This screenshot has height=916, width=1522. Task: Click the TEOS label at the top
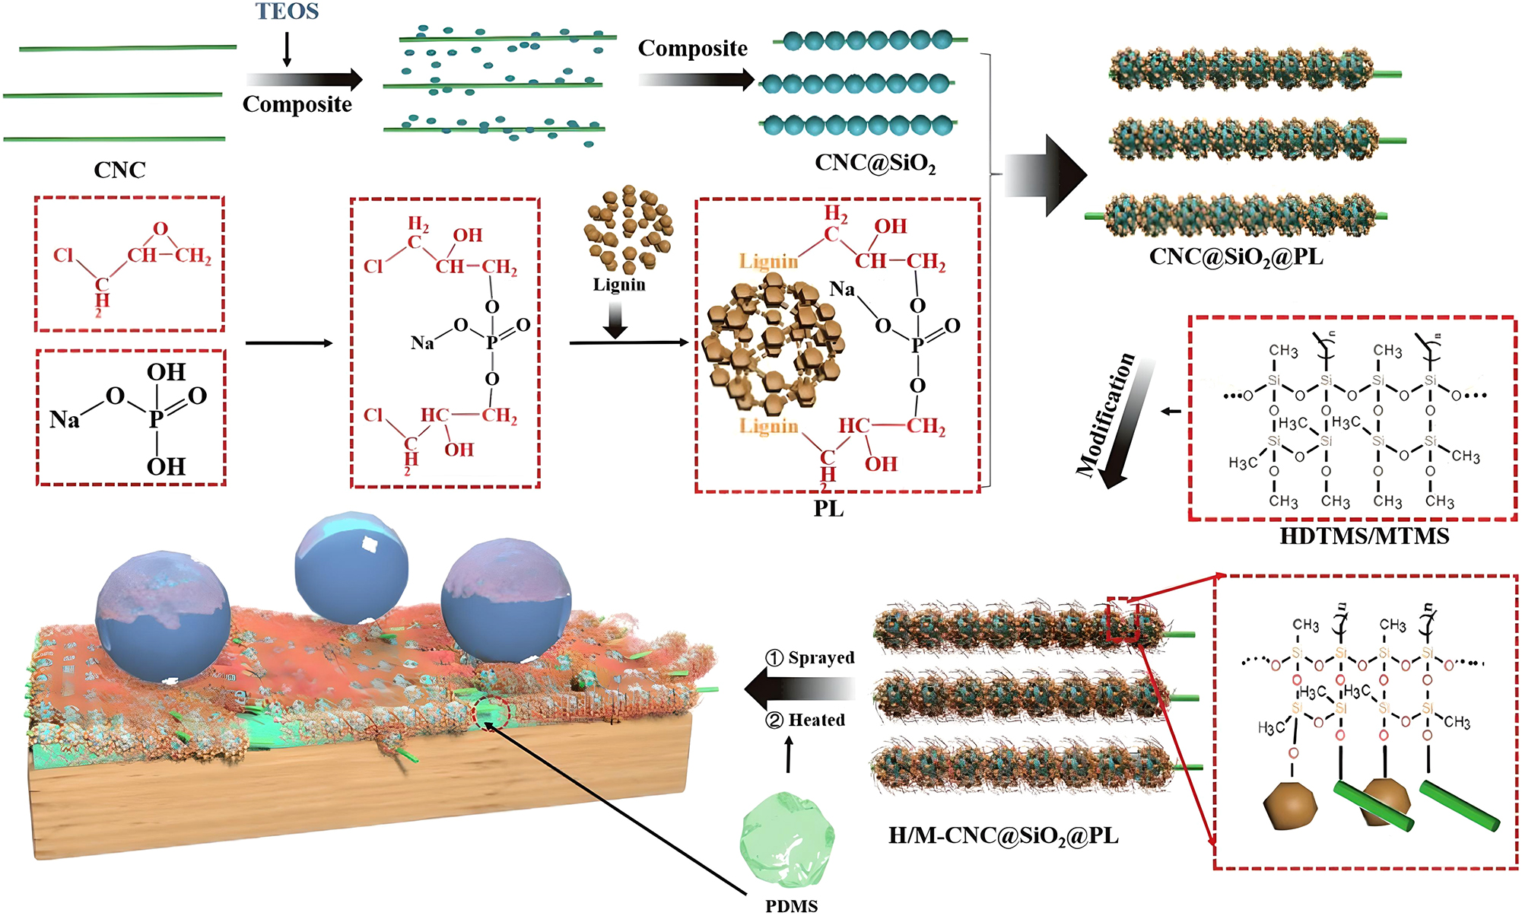[x=287, y=11]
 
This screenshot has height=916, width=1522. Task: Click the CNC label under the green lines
[x=119, y=170]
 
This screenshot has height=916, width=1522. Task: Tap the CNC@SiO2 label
[x=875, y=163]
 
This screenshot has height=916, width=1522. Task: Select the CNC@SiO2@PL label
[x=1236, y=257]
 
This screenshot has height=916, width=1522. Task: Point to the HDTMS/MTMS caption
[x=1364, y=536]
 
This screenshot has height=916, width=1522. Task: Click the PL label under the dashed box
[x=828, y=509]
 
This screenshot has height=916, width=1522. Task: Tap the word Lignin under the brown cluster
[x=619, y=285]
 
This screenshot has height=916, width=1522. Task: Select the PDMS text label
[x=791, y=905]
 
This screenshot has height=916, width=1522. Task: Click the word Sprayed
[x=821, y=657]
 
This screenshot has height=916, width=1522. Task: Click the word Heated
[x=816, y=720]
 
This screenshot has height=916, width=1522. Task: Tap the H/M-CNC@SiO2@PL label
[x=1003, y=836]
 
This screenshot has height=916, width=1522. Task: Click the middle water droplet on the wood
[x=351, y=568]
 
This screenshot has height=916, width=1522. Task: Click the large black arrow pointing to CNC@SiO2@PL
[x=1045, y=176]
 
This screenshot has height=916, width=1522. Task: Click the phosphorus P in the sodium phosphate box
[x=156, y=418]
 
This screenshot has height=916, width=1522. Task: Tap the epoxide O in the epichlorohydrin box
[x=160, y=229]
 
